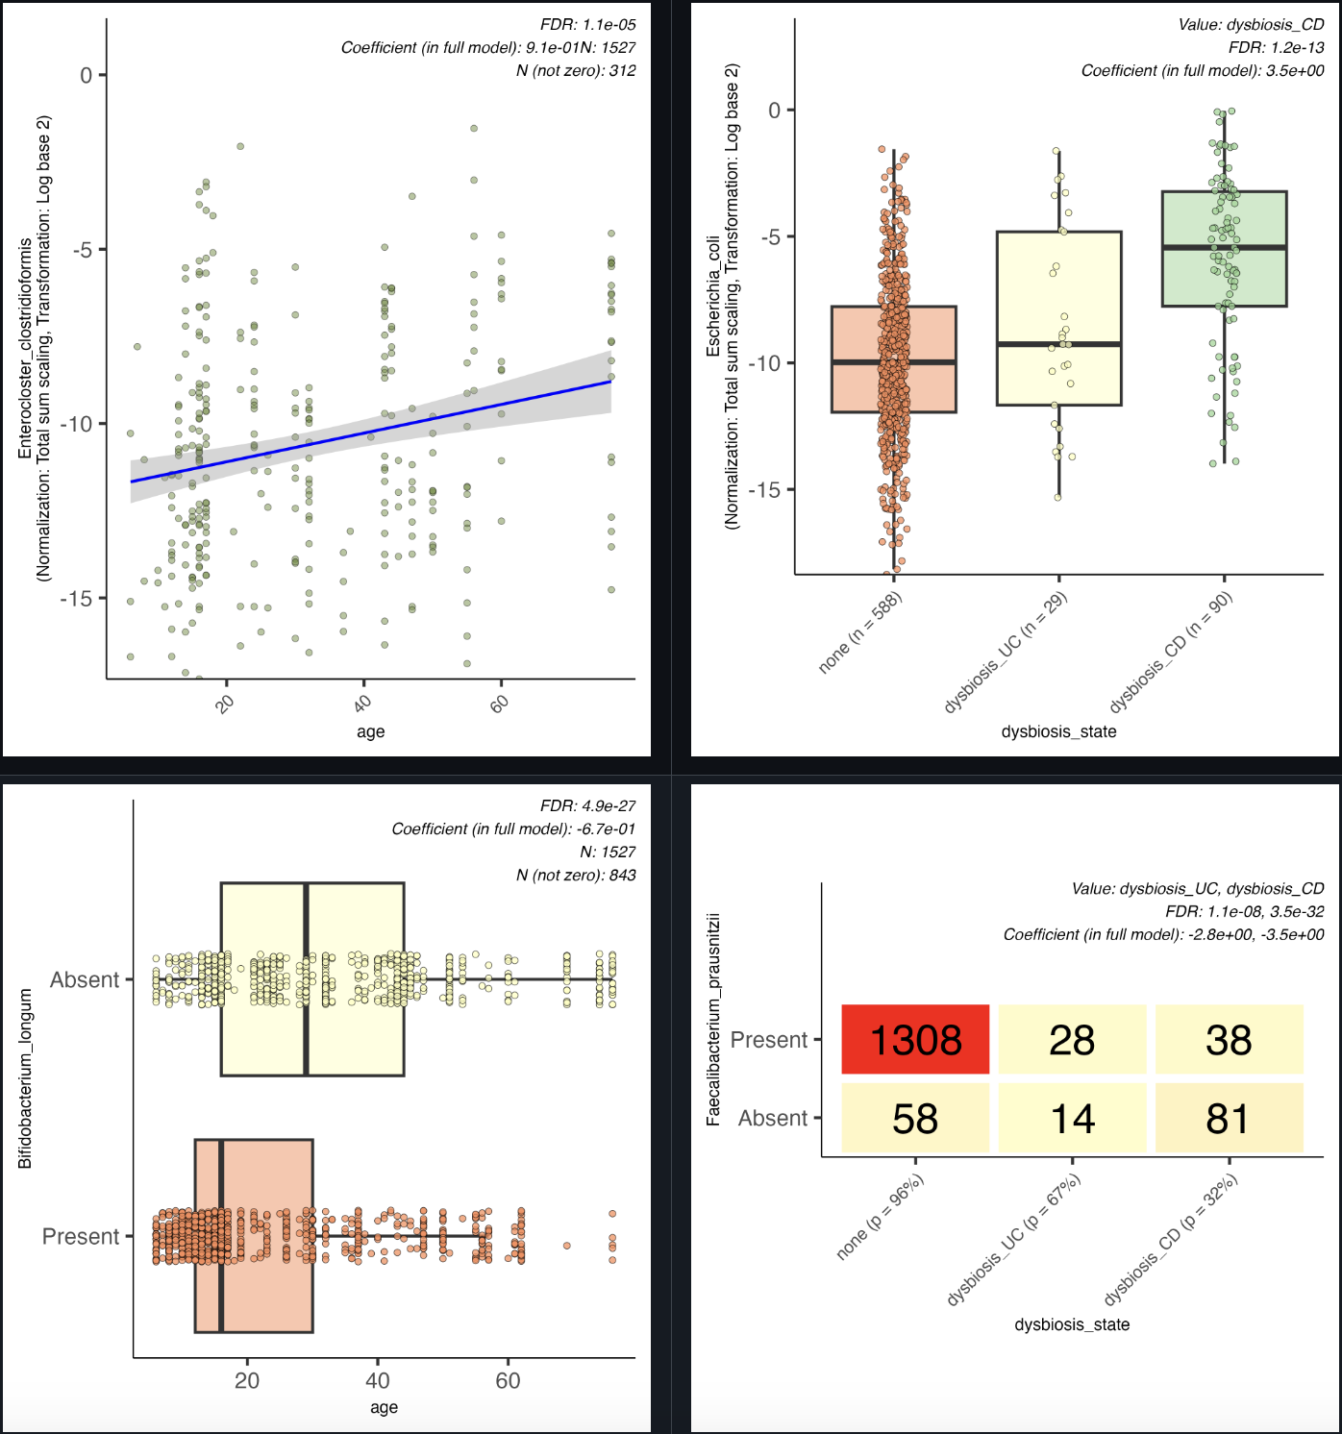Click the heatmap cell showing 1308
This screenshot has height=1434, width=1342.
pyautogui.click(x=915, y=1039)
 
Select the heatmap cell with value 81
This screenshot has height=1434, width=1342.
pyautogui.click(x=1229, y=1118)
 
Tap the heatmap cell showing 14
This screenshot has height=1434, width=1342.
pyautogui.click(x=1072, y=1118)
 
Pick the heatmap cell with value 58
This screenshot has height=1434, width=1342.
pyautogui.click(x=915, y=1118)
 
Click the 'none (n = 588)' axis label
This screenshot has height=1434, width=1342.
pyautogui.click(x=860, y=633)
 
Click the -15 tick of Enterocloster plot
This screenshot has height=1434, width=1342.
pyautogui.click(x=77, y=599)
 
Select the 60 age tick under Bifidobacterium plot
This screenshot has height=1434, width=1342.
pyautogui.click(x=508, y=1381)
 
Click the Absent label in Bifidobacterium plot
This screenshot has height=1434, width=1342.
pyautogui.click(x=85, y=979)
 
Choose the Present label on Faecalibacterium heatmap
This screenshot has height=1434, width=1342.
pyautogui.click(x=769, y=1040)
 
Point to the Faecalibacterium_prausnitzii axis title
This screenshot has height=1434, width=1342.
pyautogui.click(x=713, y=1020)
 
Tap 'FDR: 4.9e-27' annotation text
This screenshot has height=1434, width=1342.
pyautogui.click(x=587, y=806)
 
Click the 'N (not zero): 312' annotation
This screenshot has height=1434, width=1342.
pyautogui.click(x=576, y=70)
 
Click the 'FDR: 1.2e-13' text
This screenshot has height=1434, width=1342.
pyautogui.click(x=1276, y=47)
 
